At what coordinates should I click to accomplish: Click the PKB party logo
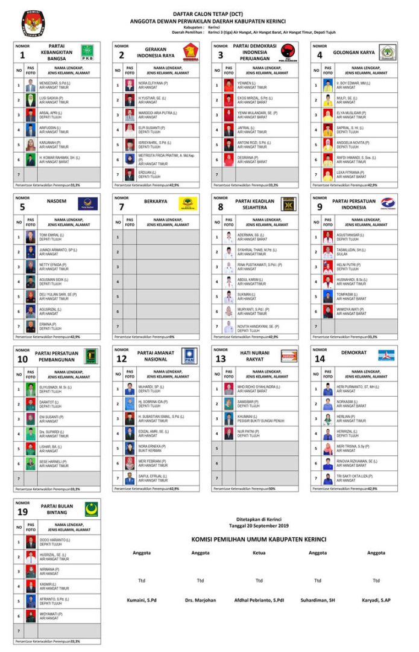[87, 53]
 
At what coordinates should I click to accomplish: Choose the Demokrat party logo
[386, 355]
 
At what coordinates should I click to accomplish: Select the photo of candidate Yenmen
[228, 85]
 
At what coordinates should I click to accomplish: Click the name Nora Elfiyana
[149, 83]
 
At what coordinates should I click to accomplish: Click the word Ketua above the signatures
[259, 552]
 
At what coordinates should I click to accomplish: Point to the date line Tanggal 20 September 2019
[259, 526]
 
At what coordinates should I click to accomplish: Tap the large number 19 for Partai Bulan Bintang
[22, 511]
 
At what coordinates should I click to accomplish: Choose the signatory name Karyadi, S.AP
[376, 600]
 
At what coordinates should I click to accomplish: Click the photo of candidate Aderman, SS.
[228, 237]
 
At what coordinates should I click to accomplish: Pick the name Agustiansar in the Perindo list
[350, 234]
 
